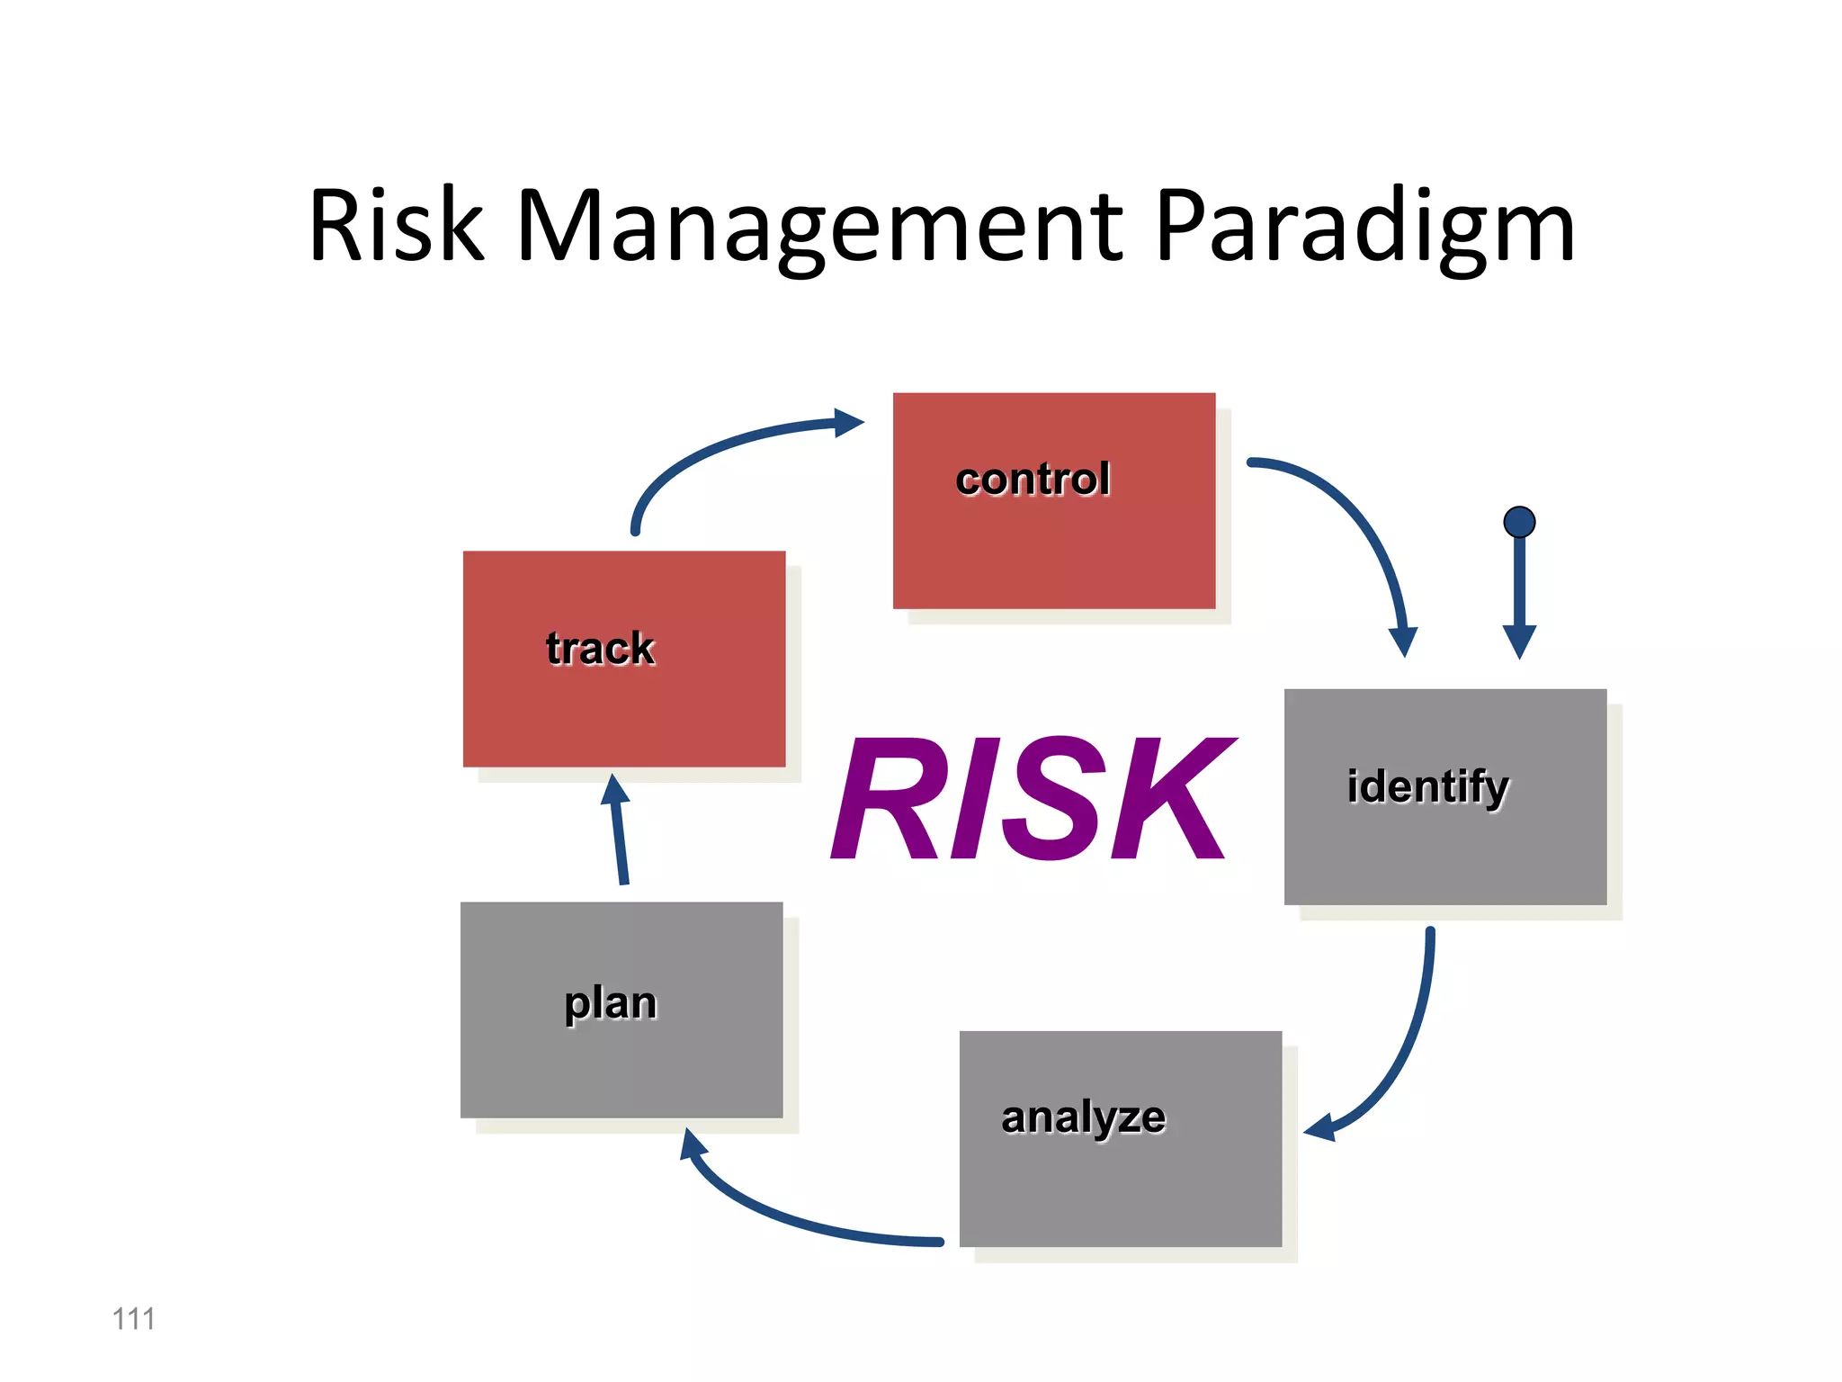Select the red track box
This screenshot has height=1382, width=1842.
pyautogui.click(x=623, y=711)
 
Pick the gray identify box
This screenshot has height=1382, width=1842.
pyautogui.click(x=1444, y=855)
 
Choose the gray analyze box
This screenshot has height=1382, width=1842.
pyautogui.click(x=1120, y=1188)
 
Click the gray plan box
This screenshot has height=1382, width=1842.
pyautogui.click(x=621, y=1062)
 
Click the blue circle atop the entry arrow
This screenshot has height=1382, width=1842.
pyautogui.click(x=1519, y=522)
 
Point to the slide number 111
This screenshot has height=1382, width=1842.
pyautogui.click(x=133, y=1319)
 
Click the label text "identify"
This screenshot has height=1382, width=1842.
pyautogui.click(x=1427, y=786)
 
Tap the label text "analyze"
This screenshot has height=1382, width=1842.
pyautogui.click(x=1083, y=1117)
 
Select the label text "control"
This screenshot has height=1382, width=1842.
pyautogui.click(x=1033, y=479)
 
